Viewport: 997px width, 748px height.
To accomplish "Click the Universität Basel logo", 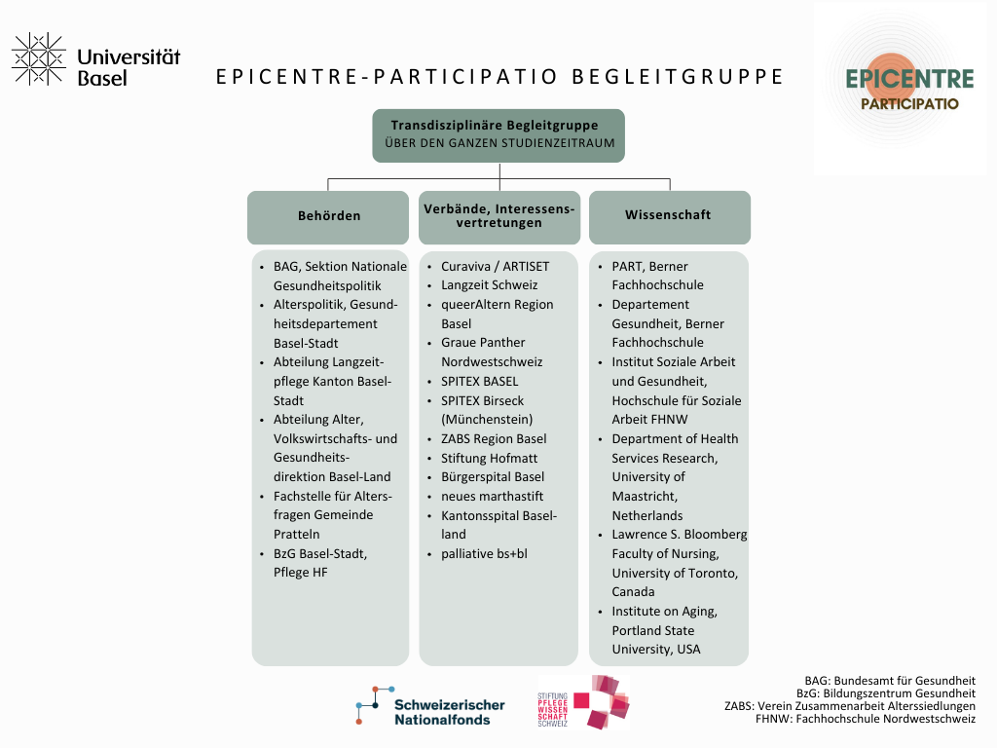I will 95,59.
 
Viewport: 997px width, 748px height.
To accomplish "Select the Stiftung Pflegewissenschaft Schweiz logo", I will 583,701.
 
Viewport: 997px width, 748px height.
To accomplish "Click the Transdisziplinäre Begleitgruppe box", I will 499,134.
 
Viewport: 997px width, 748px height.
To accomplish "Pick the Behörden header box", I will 328,216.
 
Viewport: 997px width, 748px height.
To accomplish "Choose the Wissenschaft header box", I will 669,216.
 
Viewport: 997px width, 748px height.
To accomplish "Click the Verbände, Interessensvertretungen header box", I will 499,216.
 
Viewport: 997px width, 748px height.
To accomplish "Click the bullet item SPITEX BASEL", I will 479,381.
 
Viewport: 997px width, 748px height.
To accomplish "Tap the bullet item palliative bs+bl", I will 483,553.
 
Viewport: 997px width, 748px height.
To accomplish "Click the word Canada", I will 633,591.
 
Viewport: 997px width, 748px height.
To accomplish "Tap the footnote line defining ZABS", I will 850,706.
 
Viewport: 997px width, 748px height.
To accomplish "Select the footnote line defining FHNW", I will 866,720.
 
